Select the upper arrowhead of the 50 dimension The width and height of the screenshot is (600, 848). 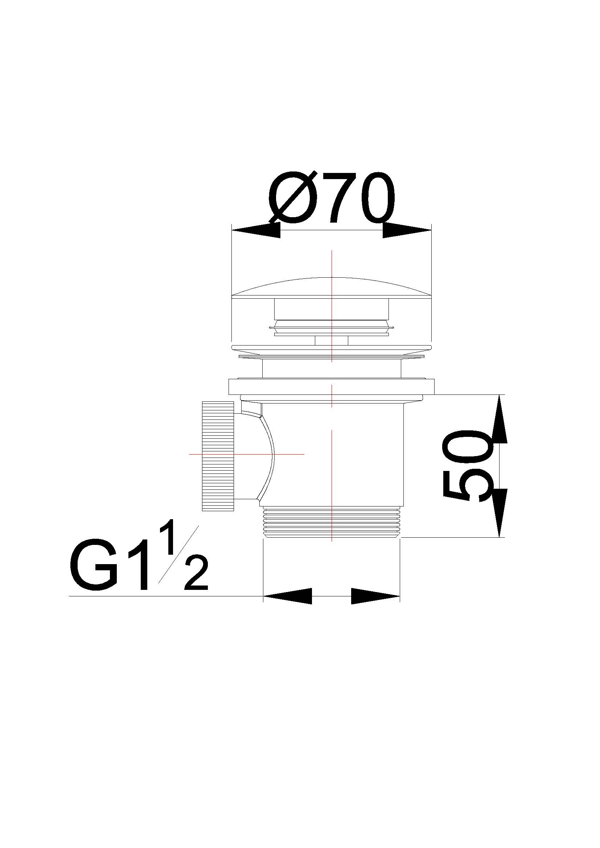[499, 419]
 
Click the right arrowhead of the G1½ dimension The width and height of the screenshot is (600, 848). [375, 596]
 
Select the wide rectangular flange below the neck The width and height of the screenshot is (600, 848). [332, 386]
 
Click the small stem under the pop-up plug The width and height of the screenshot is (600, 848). [331, 340]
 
